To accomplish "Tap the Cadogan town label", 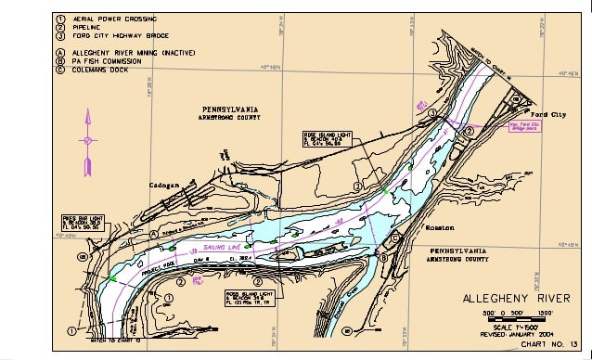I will coord(169,185).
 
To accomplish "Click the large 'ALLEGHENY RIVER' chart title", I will coord(513,299).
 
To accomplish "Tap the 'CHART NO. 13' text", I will coord(548,344).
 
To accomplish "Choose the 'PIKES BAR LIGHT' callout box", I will coord(83,222).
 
